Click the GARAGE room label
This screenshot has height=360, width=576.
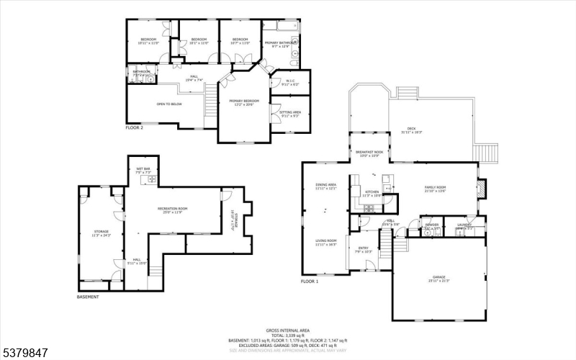coord(438,278)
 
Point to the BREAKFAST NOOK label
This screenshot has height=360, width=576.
coord(369,153)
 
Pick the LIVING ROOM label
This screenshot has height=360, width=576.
coord(326,242)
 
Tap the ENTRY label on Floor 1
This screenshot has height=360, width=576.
coord(364,249)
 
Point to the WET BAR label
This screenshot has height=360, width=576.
coord(143,170)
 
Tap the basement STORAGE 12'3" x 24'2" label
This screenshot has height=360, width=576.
coord(101,212)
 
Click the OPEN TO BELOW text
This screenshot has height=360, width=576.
coord(169,104)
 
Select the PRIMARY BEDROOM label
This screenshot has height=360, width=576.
coord(244,102)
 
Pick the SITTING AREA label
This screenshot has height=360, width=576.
coord(290,113)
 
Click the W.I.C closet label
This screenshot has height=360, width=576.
coord(291,81)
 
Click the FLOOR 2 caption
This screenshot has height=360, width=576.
coord(135,127)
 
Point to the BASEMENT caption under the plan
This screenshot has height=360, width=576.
coord(88,297)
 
